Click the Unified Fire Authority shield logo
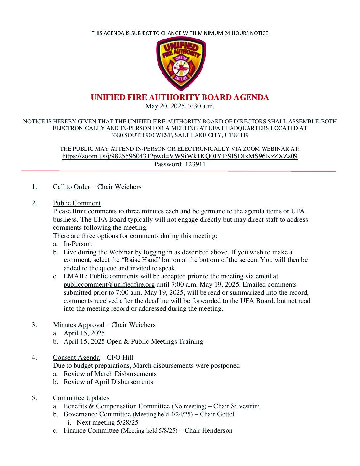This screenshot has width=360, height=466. pos(181,64)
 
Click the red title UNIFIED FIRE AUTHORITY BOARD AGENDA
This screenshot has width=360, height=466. pos(180,97)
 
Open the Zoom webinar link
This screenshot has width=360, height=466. pos(180,156)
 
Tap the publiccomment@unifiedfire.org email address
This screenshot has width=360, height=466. pos(109,284)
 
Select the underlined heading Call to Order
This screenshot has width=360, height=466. pos(71,187)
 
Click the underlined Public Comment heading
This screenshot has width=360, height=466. pos(76,203)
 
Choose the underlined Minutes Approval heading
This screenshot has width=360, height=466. pos(78,325)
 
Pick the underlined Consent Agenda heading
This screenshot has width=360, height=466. pos(76,357)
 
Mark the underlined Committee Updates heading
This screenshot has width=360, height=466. pos(81,398)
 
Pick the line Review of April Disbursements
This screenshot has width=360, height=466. pos(108,382)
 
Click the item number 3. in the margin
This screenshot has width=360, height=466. pos(34,325)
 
